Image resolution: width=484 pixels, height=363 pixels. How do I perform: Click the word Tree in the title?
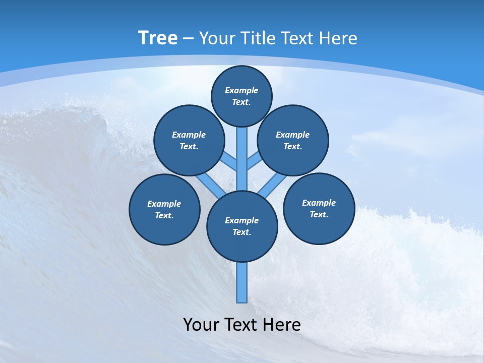click(x=158, y=38)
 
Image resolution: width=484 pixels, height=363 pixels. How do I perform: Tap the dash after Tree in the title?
click(x=188, y=39)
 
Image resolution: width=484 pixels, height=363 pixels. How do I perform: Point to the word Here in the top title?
click(x=338, y=38)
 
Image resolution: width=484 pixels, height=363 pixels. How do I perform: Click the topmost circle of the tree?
click(x=241, y=96)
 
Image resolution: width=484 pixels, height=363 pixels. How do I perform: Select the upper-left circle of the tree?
click(x=189, y=140)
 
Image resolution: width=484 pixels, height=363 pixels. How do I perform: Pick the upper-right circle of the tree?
click(x=293, y=140)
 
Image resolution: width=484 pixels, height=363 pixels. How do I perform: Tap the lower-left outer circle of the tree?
click(x=164, y=209)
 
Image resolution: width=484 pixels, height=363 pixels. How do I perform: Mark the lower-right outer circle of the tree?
click(x=319, y=208)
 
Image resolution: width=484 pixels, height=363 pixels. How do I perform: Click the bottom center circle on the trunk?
click(x=242, y=226)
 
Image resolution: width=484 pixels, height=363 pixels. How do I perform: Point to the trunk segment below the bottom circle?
click(x=242, y=282)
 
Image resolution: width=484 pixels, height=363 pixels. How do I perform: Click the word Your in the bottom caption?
click(x=201, y=324)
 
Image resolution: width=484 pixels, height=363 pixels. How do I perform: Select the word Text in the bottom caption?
click(x=241, y=324)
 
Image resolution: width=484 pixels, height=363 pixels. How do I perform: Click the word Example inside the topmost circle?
click(x=241, y=90)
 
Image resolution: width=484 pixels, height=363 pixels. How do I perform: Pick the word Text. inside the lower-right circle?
click(x=319, y=214)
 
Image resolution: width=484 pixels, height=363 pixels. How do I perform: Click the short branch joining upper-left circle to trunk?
click(x=230, y=162)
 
